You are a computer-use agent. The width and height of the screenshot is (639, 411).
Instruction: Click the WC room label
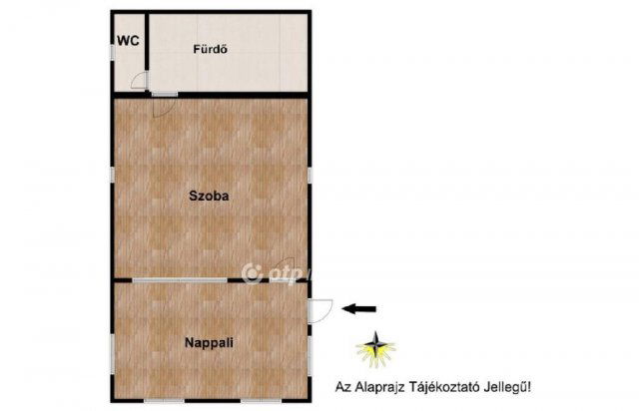click(x=127, y=41)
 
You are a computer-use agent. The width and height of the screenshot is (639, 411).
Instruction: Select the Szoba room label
click(x=210, y=197)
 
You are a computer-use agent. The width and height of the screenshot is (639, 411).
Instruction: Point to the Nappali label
click(x=210, y=342)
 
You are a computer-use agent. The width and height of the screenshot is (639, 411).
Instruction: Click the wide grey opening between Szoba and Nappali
click(x=181, y=281)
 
